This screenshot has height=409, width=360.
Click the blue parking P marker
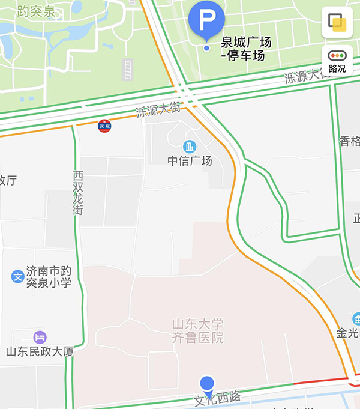pyautogui.click(x=206, y=19)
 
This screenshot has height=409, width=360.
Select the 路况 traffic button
pyautogui.click(x=337, y=61)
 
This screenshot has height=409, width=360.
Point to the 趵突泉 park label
pyautogui.click(x=37, y=11)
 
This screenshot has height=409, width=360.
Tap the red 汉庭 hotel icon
pyautogui.click(x=104, y=126)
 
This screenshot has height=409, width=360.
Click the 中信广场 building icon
pyautogui.click(x=190, y=147)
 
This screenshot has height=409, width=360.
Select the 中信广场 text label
pyautogui.click(x=190, y=161)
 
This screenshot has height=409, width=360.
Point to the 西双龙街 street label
pyautogui.click(x=78, y=193)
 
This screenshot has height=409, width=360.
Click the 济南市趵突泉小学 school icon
pyautogui.click(x=17, y=277)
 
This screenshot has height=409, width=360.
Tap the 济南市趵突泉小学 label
pyautogui.click(x=49, y=277)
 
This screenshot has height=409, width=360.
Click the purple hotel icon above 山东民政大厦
pyautogui.click(x=40, y=337)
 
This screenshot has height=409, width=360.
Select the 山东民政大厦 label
pyautogui.click(x=40, y=352)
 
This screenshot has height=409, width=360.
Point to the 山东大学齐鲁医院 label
pyautogui.click(x=197, y=331)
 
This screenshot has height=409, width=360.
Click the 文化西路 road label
pyautogui.click(x=218, y=398)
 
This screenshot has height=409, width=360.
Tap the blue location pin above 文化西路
pyautogui.click(x=207, y=384)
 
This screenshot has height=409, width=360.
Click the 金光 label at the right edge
pyautogui.click(x=348, y=333)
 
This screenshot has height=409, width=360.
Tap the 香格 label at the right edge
pyautogui.click(x=350, y=142)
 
